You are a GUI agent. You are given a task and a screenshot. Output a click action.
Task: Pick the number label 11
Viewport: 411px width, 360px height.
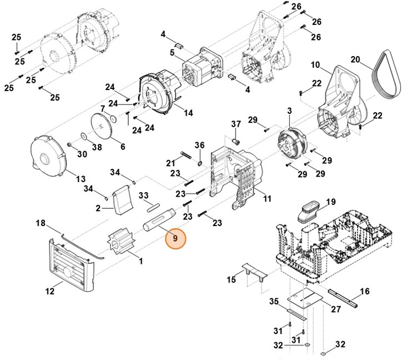coord(267,198)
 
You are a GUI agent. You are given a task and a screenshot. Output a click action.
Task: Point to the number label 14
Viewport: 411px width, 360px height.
coord(188,113)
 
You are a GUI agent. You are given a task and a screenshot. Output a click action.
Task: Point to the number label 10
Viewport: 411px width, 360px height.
coord(315,65)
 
